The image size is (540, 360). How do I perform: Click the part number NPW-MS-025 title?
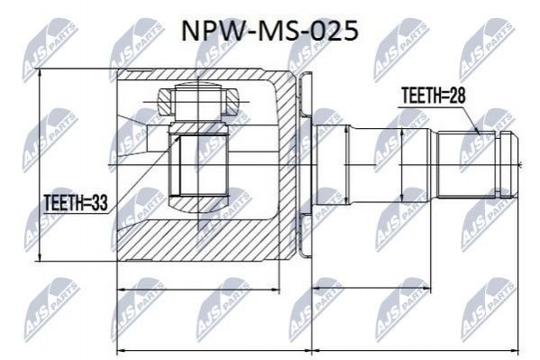[x=270, y=31]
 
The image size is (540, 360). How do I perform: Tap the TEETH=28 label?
[x=434, y=96]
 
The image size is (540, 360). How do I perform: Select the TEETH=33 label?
[x=76, y=202]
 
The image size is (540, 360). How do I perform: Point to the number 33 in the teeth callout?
[x=99, y=202]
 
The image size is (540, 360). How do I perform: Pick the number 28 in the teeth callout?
[x=456, y=96]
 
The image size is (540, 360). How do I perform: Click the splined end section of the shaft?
[x=467, y=165]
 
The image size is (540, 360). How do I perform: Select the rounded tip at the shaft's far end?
[x=508, y=165]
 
